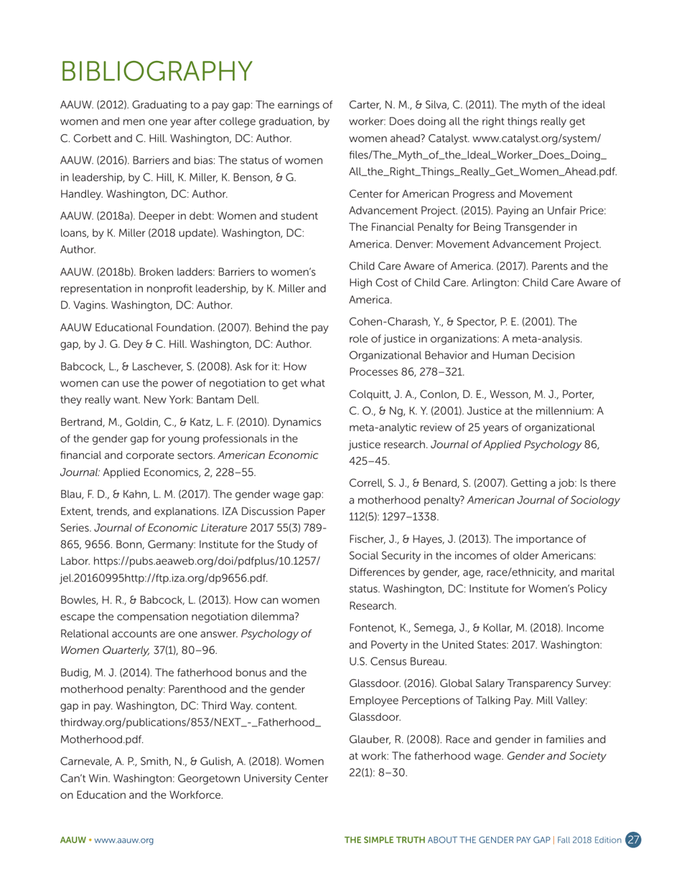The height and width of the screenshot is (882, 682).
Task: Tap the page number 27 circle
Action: pyautogui.click(x=633, y=840)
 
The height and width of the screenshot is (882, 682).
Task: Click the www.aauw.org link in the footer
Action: pyautogui.click(x=127, y=840)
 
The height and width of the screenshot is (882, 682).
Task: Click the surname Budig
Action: pyautogui.click(x=75, y=673)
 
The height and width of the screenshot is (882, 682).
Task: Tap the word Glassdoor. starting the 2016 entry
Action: pyautogui.click(x=376, y=683)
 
